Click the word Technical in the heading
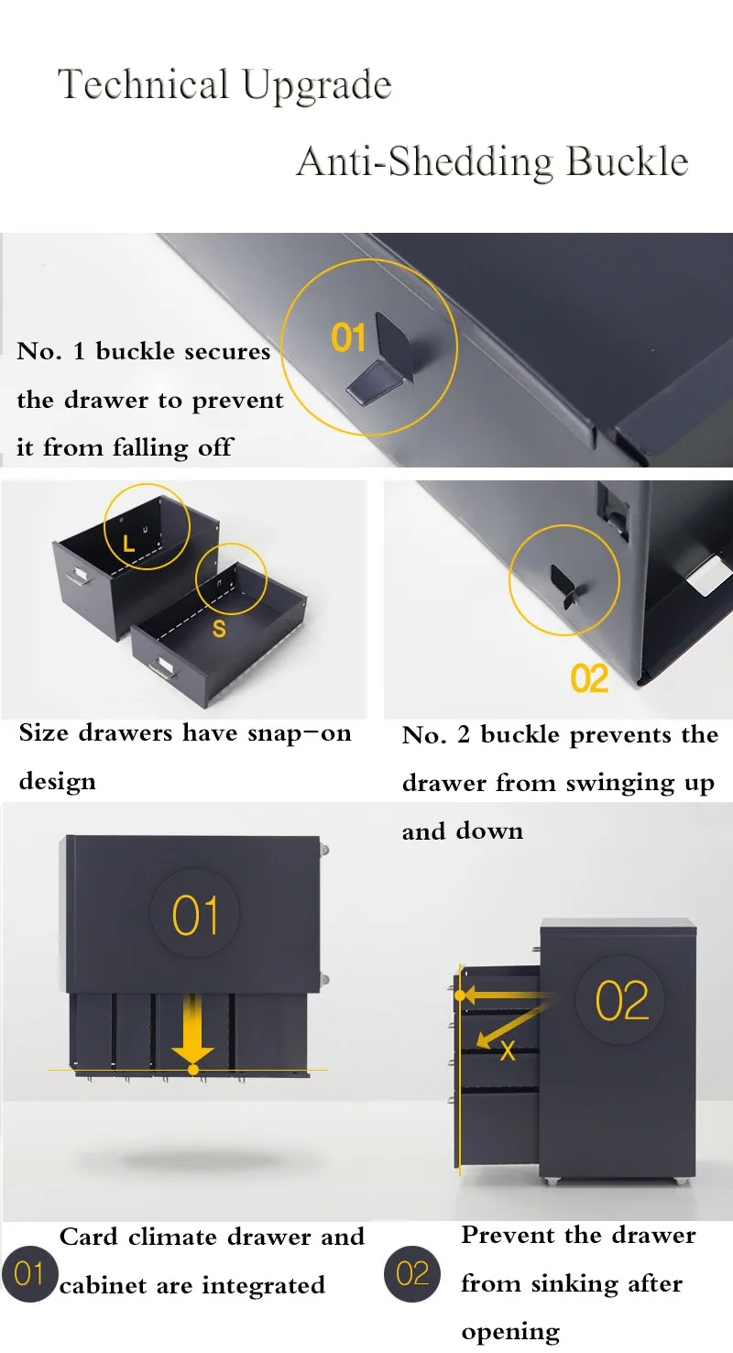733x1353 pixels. click(x=143, y=84)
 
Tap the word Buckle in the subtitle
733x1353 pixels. click(x=628, y=162)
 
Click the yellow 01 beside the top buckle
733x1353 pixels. click(x=348, y=337)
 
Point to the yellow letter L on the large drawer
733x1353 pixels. click(x=128, y=544)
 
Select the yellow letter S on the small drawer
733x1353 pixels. click(x=219, y=629)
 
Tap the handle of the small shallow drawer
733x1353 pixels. click(x=160, y=668)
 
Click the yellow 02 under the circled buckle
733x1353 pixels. click(x=589, y=678)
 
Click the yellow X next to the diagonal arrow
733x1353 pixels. click(x=508, y=1051)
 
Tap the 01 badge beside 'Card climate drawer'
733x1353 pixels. click(x=29, y=1273)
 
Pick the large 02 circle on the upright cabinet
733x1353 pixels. click(x=621, y=1001)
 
